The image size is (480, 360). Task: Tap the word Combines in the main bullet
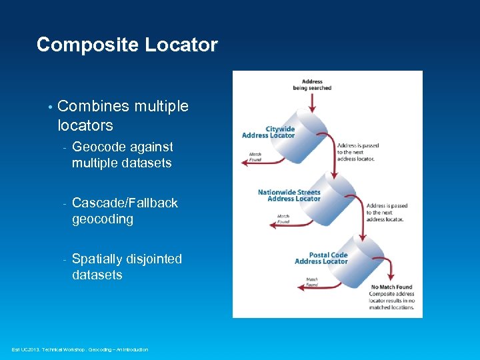[x=94, y=107]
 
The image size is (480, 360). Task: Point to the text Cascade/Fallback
[x=125, y=203]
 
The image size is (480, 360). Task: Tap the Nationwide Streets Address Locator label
[x=289, y=195]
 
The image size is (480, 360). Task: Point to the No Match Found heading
[x=391, y=287]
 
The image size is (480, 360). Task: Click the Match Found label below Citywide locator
[x=255, y=157]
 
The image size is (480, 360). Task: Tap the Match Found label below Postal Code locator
[x=311, y=282]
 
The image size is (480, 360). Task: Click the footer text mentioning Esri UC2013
[x=80, y=349]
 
